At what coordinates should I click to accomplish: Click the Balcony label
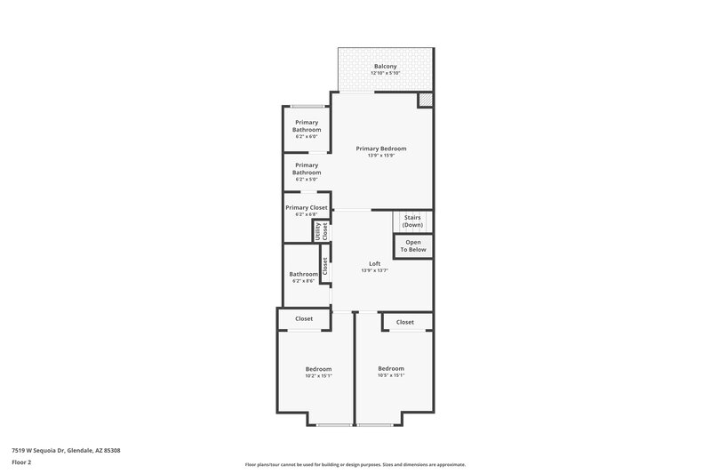pos(385,66)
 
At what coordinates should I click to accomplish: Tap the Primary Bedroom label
pos(381,149)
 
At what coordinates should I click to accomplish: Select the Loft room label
pos(374,263)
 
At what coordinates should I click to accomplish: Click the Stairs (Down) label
pos(412,221)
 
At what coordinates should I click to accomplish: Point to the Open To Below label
pos(413,245)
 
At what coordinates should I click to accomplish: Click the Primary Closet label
pos(307,207)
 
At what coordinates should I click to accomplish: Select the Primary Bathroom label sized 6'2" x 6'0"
pos(307,126)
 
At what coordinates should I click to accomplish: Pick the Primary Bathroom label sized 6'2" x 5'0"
pos(307,168)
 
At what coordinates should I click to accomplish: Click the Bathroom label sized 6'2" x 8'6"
pos(304,275)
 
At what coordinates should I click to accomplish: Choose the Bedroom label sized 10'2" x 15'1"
pos(318,369)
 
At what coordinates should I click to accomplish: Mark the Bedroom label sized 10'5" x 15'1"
pos(391,368)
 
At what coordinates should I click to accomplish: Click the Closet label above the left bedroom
pos(304,318)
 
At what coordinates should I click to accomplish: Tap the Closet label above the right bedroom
pos(404,322)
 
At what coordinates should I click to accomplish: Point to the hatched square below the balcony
pos(425,100)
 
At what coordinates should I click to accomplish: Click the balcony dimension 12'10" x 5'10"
pos(385,73)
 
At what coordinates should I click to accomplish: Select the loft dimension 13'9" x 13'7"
pos(374,270)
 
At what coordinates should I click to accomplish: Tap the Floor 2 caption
pos(22,463)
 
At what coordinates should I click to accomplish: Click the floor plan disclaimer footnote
pos(355,464)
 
